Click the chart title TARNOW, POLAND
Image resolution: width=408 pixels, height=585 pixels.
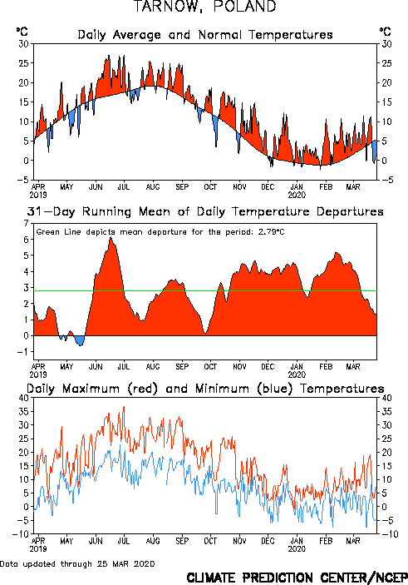point(205,7)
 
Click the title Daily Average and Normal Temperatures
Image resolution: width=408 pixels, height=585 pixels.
point(205,35)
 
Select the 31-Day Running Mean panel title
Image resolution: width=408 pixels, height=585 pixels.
point(205,212)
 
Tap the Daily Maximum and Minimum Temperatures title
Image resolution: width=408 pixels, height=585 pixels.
point(205,389)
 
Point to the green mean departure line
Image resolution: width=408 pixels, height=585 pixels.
point(205,290)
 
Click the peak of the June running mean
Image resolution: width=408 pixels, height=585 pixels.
point(111,238)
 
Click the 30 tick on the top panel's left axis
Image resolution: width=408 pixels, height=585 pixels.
point(24,44)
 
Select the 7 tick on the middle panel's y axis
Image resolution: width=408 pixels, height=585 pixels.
point(26,224)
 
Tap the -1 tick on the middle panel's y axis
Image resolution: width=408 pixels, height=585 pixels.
point(23,352)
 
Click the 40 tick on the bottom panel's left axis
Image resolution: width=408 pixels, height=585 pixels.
point(23,398)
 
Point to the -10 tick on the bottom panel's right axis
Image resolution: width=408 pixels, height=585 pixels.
point(390,534)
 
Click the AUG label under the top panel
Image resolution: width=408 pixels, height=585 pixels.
point(153,187)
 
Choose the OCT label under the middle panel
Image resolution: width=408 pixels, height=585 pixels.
point(210,367)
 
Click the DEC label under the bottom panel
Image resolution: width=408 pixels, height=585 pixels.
point(268,541)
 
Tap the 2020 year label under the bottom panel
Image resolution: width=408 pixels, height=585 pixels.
point(297,549)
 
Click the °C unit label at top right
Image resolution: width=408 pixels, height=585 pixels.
point(386,32)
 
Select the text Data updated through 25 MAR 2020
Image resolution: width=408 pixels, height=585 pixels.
point(77,563)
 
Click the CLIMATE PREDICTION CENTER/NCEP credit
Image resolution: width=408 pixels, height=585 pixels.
point(297,578)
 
